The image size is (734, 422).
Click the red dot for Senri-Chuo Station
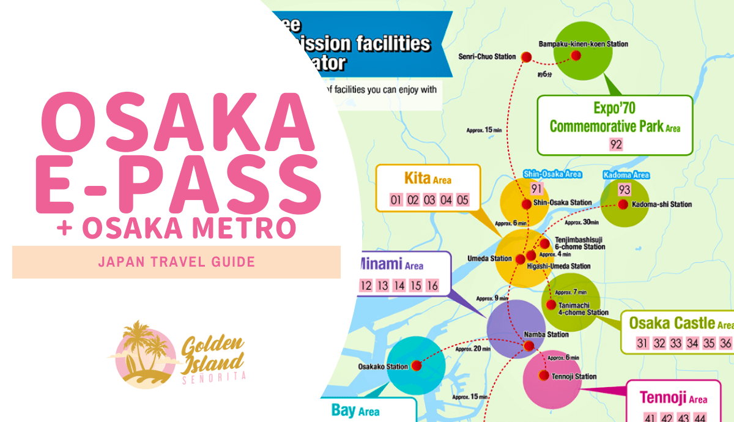tap(527, 57)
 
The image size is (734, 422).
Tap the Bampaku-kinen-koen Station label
tap(583, 44)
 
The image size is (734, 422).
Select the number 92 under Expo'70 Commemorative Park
tap(615, 144)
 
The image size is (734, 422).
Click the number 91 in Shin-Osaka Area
tap(537, 189)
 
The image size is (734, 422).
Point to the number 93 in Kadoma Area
tap(624, 190)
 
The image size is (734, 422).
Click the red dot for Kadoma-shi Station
tap(623, 204)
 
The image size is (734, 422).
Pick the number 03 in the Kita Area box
tap(429, 200)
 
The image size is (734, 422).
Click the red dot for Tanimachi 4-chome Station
tap(551, 305)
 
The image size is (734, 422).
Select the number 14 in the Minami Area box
tap(399, 286)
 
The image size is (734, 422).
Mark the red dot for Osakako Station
tap(417, 366)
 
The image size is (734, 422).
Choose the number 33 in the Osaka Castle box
tap(676, 343)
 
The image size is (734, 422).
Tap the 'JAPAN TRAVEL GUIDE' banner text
tap(176, 262)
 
